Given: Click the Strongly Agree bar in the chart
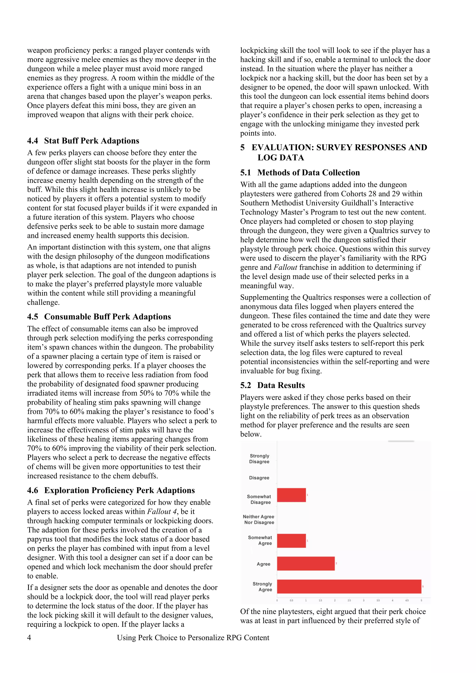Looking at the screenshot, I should [349, 587].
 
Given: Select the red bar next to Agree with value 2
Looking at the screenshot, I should [306, 563].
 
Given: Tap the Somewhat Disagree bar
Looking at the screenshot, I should [291, 495].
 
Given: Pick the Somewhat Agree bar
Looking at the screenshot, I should [291, 541].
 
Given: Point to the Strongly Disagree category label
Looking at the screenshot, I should [259, 459].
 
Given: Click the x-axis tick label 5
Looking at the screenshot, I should [421, 600].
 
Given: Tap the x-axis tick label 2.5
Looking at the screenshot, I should [349, 600].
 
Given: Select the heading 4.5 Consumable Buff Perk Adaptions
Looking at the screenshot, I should [99, 317].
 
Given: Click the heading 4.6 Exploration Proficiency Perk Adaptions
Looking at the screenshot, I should [111, 490].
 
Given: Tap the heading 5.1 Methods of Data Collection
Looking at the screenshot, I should [300, 172].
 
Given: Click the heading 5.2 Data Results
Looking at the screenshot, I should [272, 385].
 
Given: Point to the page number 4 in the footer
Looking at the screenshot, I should [29, 637].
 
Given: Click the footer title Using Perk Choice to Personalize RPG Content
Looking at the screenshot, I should [193, 637].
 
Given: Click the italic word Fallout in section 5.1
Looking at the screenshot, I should [285, 267].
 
